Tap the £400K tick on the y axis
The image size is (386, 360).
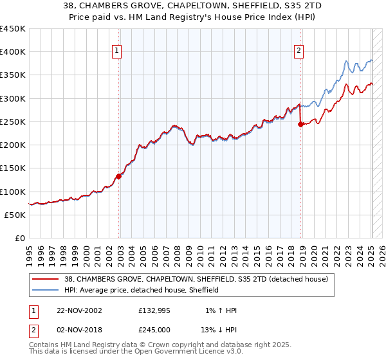pyautogui.click(x=13, y=52)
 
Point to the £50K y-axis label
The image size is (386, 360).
pyautogui.click(x=15, y=215)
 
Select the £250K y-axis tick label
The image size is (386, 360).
pyautogui.click(x=13, y=122)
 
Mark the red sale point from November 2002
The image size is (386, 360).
pyautogui.click(x=119, y=176)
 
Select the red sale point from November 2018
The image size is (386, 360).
pyautogui.click(x=300, y=125)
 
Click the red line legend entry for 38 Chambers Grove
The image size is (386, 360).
pyautogui.click(x=196, y=279)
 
